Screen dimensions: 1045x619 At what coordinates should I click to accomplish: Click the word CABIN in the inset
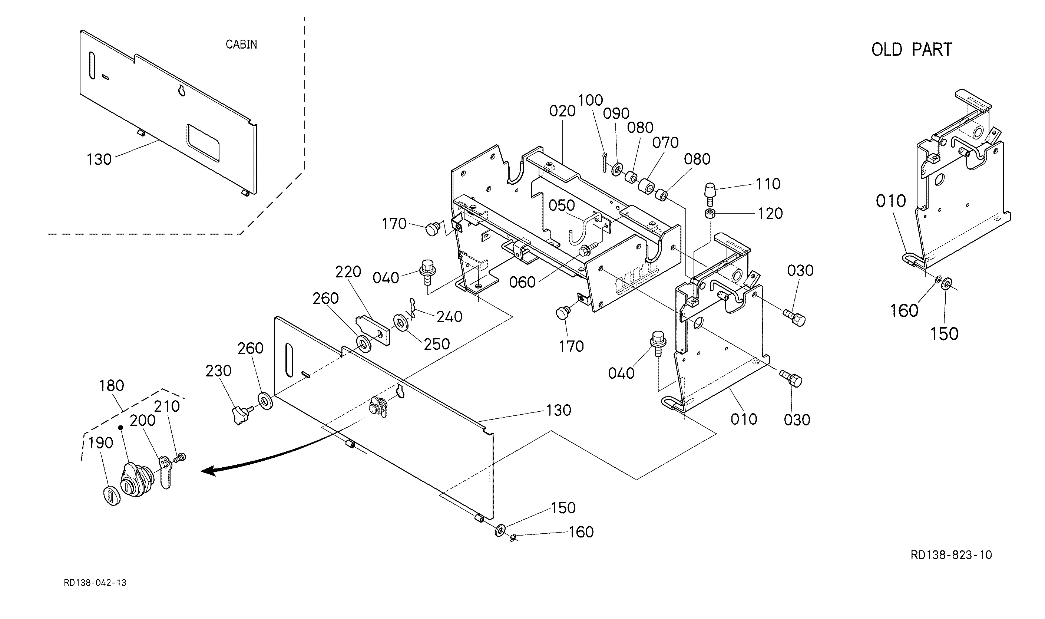pos(241,44)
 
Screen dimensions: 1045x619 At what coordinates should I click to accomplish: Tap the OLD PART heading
pos(912,50)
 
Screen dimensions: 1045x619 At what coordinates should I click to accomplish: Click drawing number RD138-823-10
pos(951,555)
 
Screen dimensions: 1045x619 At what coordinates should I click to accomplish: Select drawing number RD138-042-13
pos(95,583)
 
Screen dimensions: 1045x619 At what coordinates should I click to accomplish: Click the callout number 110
pos(768,184)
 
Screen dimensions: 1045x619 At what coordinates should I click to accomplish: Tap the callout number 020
pos(562,111)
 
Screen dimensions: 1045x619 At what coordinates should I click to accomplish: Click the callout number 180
pos(111,385)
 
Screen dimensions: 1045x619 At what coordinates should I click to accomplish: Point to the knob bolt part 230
pos(242,415)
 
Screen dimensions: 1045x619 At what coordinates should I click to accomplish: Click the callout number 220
pos(348,272)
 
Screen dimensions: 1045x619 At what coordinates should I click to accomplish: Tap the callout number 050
pos(562,205)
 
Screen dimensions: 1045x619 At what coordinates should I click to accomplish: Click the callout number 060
pos(522,282)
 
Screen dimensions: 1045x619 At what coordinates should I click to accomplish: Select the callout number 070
pos(666,143)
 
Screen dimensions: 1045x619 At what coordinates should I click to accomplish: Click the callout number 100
pos(591,100)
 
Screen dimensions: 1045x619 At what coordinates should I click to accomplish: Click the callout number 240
pos(449,317)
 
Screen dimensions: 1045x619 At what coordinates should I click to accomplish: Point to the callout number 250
pos(437,344)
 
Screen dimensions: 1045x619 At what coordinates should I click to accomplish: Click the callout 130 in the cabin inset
pos(99,159)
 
